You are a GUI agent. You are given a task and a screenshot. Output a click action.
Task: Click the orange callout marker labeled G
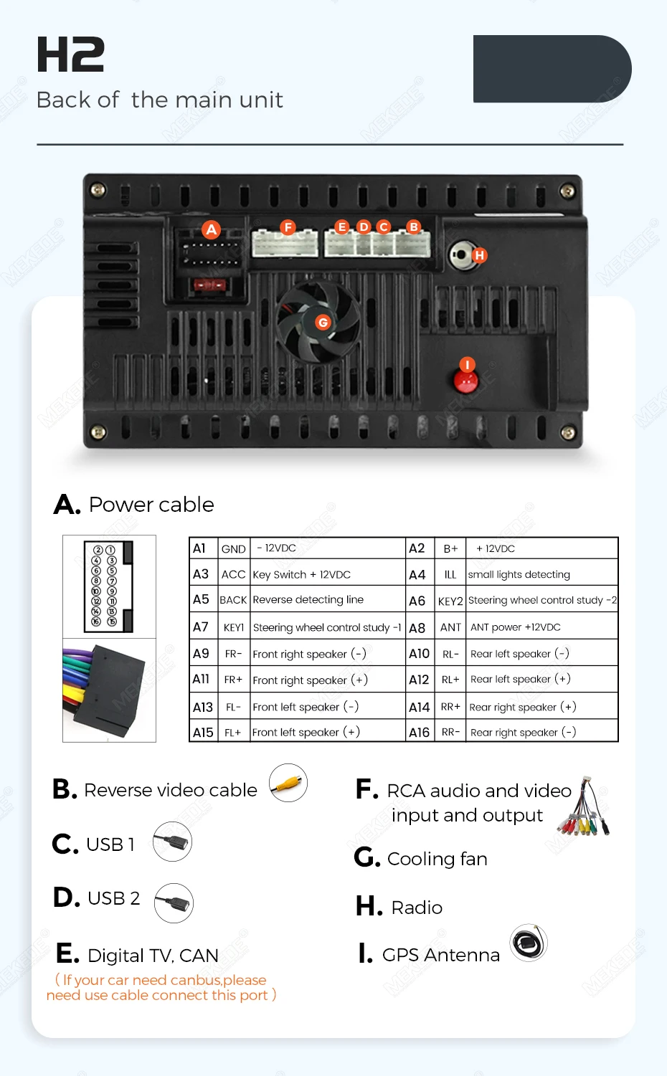(323, 323)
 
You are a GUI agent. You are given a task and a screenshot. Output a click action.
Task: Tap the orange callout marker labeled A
(211, 229)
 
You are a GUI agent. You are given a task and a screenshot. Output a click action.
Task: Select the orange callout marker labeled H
(479, 255)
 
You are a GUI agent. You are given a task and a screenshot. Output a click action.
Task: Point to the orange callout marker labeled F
(288, 227)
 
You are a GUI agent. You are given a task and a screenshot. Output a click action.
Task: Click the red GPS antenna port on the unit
(465, 382)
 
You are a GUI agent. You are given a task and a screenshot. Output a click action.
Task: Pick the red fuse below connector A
(209, 285)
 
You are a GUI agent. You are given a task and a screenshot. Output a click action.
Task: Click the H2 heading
(70, 54)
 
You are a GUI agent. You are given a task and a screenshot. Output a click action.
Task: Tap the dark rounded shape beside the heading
(552, 69)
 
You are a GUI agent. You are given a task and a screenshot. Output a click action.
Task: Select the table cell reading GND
(234, 548)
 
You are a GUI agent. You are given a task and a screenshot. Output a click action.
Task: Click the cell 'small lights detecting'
(519, 574)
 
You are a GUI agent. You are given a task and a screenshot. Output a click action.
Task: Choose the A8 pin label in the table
(417, 628)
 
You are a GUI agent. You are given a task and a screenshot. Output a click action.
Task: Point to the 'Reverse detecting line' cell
(308, 599)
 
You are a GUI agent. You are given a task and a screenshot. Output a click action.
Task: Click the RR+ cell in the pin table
(450, 707)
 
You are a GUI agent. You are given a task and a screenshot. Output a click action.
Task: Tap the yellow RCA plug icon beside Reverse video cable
(288, 783)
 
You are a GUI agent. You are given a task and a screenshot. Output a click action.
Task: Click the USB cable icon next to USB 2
(174, 903)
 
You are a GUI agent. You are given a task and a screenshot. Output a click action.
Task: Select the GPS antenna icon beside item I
(529, 943)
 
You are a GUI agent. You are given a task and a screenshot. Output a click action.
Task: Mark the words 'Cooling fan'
(437, 859)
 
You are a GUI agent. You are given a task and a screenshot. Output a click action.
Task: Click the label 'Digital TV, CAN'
(153, 956)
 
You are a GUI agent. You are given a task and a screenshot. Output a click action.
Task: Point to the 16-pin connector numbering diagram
(108, 586)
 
